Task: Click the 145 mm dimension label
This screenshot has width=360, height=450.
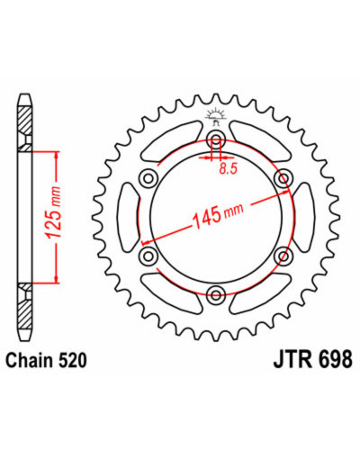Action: click(x=217, y=213)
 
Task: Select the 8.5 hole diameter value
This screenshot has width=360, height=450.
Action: click(x=228, y=169)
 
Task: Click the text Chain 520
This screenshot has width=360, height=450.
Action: click(x=47, y=361)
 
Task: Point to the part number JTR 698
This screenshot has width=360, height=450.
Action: click(x=313, y=359)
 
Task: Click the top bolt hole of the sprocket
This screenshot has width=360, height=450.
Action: click(x=216, y=139)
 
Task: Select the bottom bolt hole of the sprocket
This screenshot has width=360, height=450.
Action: click(x=216, y=294)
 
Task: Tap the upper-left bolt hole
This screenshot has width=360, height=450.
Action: click(x=148, y=178)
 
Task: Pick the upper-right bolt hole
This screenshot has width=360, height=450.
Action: click(x=283, y=178)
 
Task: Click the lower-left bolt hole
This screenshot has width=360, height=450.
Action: click(x=148, y=256)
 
